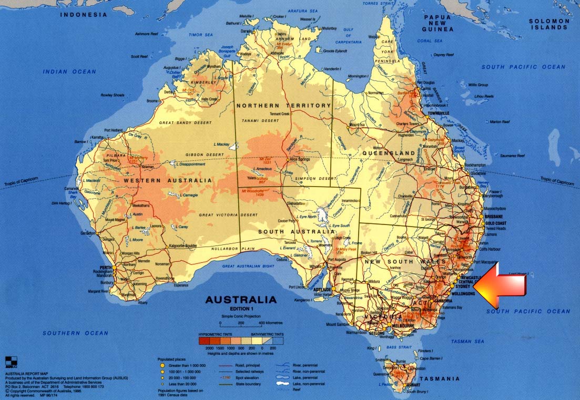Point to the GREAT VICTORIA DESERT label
coord(229,215)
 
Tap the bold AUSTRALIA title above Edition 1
coord(240,300)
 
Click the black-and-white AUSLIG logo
coord(11,361)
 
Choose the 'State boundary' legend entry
coord(245,385)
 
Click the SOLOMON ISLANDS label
coord(548,24)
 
